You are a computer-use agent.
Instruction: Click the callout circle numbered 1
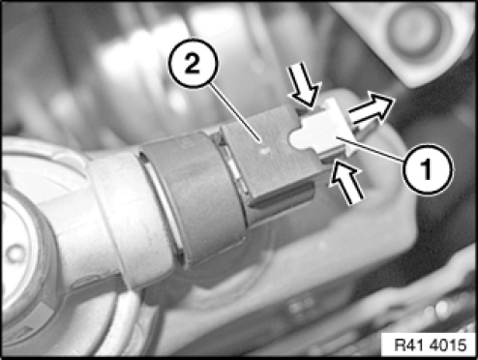tap(428, 169)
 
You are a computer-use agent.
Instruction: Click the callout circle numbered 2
tap(193, 64)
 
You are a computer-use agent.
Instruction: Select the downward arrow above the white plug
tap(305, 83)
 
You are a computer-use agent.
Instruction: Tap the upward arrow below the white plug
tap(345, 182)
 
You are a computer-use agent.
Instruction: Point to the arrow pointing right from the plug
tap(372, 109)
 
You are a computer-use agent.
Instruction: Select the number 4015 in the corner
tap(448, 345)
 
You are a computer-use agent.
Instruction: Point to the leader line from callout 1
tap(371, 149)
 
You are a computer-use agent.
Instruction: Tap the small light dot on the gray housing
tap(265, 150)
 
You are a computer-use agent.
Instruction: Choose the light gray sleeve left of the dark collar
tap(124, 220)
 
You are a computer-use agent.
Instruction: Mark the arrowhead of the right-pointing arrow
tap(383, 105)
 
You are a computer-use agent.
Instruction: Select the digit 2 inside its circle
tap(193, 64)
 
